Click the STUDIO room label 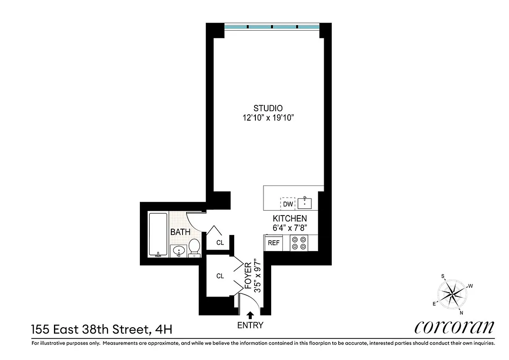[x=268, y=108]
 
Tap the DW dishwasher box [x=288, y=204]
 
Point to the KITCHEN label [x=290, y=218]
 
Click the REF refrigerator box [x=274, y=243]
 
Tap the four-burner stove [x=299, y=243]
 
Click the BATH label [x=180, y=232]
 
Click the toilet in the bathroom [x=194, y=248]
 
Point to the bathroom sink [x=179, y=251]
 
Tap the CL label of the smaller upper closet [x=220, y=243]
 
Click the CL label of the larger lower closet [x=220, y=276]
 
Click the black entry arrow [x=250, y=316]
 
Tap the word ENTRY [x=250, y=325]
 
